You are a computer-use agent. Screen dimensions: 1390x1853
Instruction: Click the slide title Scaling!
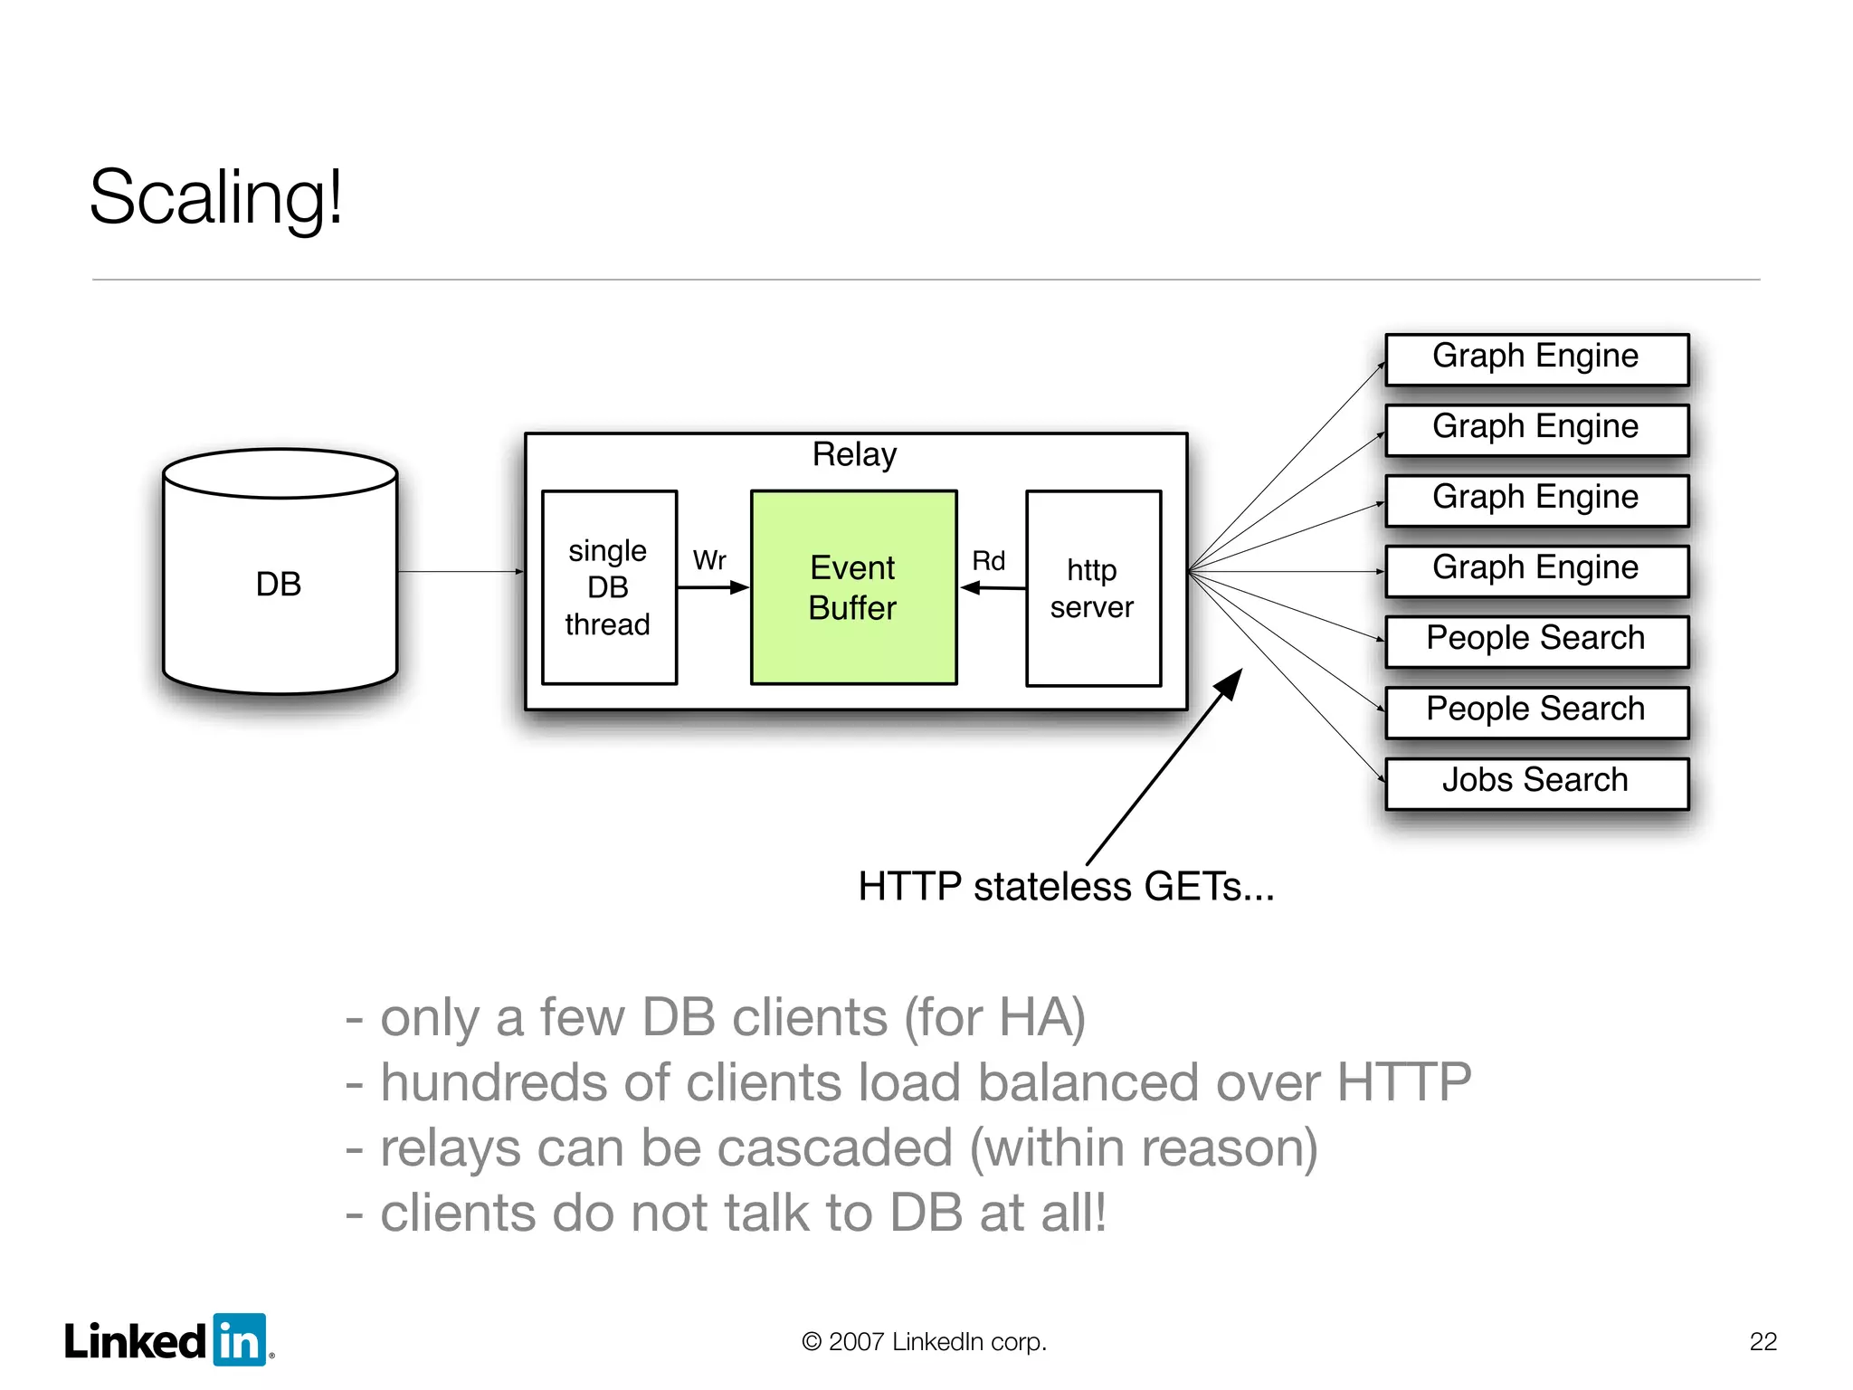[215, 197]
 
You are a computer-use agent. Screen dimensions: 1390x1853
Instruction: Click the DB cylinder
[280, 584]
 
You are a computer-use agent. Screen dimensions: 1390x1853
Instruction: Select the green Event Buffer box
[853, 588]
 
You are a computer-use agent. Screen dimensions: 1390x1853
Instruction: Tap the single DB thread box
[609, 588]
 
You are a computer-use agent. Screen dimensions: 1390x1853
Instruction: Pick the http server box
[1093, 588]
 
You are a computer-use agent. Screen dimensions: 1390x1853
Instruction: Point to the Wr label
[709, 560]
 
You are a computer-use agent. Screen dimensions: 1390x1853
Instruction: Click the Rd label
[988, 561]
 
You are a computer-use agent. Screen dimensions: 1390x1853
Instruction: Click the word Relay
[854, 454]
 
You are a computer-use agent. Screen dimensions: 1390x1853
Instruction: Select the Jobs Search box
[1536, 781]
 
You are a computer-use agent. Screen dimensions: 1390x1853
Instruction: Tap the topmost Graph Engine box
[1536, 357]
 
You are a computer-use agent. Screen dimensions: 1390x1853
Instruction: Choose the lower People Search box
[1536, 710]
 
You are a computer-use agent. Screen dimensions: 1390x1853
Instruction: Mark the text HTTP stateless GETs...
[1065, 887]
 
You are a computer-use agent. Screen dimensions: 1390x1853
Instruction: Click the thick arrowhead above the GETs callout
[1230, 683]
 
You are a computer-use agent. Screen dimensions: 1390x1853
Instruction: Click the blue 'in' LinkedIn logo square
[240, 1340]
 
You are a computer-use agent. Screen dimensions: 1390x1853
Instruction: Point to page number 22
[1763, 1341]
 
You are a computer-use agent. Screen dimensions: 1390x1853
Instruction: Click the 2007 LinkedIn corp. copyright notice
[924, 1341]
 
